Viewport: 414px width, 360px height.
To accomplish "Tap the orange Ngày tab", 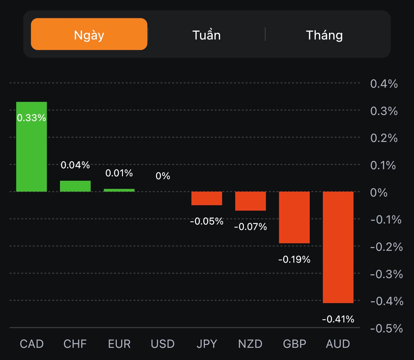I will coord(89,34).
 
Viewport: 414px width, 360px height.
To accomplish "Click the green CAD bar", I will coord(31,151).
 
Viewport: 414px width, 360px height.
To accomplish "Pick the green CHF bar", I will coord(75,186).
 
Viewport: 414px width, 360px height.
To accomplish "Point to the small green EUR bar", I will coord(119,190).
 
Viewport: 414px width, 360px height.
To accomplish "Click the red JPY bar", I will coord(207,198).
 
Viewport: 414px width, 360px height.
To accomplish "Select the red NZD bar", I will coord(250,201).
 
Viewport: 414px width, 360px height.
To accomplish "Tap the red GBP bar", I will coord(294,217).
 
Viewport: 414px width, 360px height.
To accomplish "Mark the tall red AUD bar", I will coord(338,247).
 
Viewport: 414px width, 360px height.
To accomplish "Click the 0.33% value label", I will coord(31,118).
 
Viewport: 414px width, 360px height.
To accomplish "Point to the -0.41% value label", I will coord(338,319).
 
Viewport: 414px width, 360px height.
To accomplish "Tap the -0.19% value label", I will coord(294,259).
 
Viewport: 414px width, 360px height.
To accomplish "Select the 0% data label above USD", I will coord(163,176).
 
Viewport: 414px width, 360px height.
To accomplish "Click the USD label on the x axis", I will coord(163,344).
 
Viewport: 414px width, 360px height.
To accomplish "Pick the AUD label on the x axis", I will coord(338,344).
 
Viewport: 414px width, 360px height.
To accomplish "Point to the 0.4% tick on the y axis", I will coord(384,84).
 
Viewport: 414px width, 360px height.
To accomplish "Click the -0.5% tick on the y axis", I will coord(386,329).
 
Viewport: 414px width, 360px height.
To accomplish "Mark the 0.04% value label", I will coord(75,165).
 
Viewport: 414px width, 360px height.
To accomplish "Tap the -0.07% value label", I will coord(250,227).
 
